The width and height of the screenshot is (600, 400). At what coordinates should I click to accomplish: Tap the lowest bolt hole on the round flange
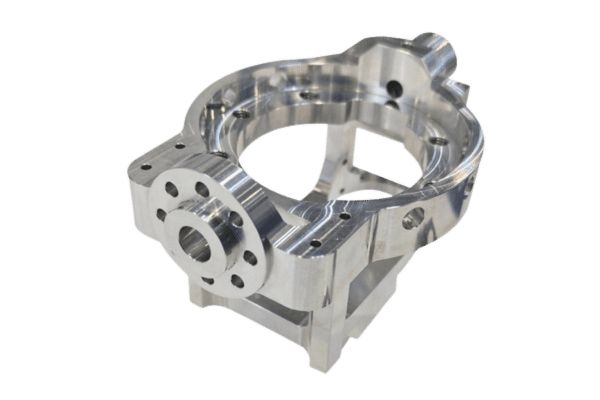237,281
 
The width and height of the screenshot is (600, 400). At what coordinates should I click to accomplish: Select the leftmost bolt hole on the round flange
161,214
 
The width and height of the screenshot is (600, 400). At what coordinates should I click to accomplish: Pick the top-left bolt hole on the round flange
172,189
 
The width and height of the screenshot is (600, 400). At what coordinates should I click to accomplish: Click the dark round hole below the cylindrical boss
395,89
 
